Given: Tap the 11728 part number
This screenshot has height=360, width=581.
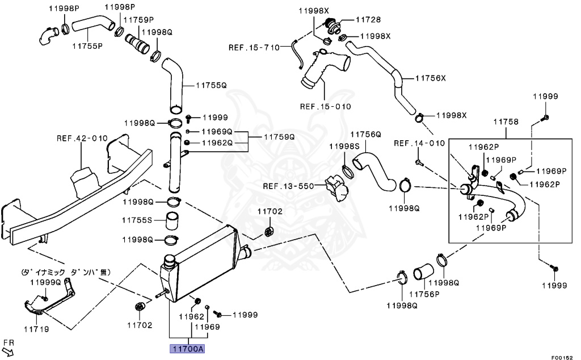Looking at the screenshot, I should (x=369, y=19).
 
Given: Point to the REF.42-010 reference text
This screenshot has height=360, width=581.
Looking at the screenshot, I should (x=82, y=138).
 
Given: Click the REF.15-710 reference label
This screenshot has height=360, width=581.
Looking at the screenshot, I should (x=254, y=47).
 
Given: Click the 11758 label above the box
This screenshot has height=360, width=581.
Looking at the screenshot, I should (x=506, y=122).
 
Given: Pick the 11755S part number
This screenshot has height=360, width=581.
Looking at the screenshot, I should (x=137, y=220).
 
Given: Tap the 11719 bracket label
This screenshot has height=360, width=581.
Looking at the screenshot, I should (x=36, y=329).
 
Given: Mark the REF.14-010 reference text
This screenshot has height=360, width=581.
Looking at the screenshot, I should (x=419, y=143).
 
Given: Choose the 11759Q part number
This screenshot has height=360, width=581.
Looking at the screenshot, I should (x=279, y=137).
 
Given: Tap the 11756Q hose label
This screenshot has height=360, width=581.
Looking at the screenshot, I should (x=365, y=135).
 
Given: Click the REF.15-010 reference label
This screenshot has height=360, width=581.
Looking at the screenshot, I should (x=326, y=106).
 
